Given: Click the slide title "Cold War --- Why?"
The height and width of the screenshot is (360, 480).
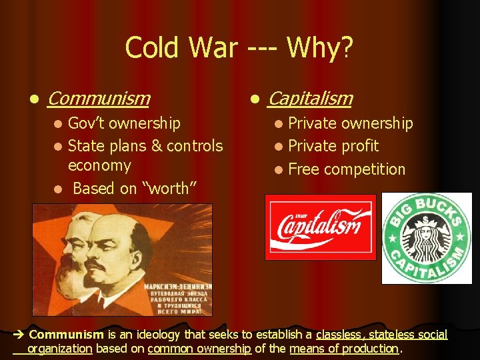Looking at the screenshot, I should pos(239,48).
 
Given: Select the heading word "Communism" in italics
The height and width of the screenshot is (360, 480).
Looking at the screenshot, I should pos(99,99).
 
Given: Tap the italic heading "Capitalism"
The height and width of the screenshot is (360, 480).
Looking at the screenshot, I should pos(309,99).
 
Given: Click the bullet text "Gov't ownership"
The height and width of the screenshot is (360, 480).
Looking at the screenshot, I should pos(124,123).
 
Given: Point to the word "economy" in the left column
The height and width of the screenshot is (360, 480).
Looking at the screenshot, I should pos(99,165).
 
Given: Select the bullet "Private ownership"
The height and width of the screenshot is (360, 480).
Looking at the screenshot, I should pos(350,123).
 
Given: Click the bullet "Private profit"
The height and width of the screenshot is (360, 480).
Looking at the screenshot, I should pos(333,146).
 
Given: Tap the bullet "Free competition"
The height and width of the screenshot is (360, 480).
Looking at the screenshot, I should pos(346,169).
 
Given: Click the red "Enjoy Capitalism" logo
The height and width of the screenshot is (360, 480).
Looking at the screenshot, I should pos(320,227).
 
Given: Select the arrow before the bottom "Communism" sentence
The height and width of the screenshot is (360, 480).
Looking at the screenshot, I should pos(19,335).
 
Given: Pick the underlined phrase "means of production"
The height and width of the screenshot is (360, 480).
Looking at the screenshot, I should pos(343,348).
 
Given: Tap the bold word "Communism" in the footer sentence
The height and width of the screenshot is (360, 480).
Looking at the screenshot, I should pos(66,335).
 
